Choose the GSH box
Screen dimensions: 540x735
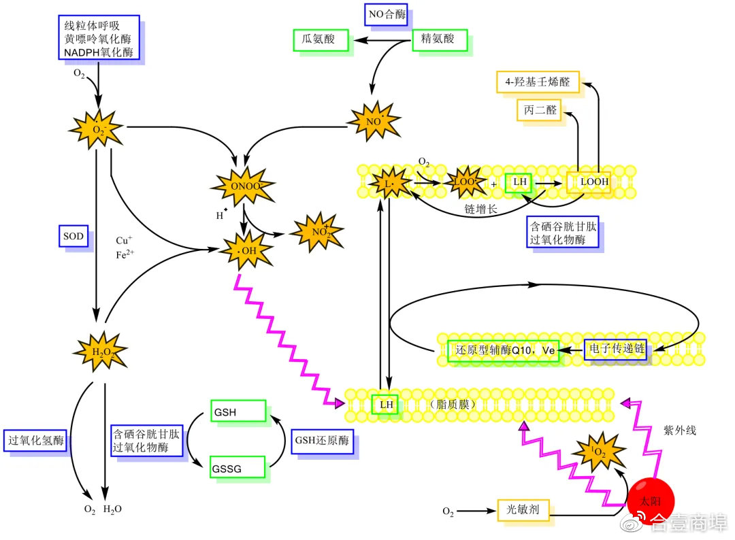click(x=238, y=411)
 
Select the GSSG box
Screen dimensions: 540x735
click(x=238, y=469)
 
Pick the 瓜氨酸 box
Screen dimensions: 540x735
click(x=319, y=39)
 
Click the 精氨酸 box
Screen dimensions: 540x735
click(x=440, y=39)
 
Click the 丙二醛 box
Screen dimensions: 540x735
click(x=540, y=109)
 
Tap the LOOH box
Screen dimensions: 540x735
click(x=589, y=182)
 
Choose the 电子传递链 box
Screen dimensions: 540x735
click(x=615, y=350)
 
